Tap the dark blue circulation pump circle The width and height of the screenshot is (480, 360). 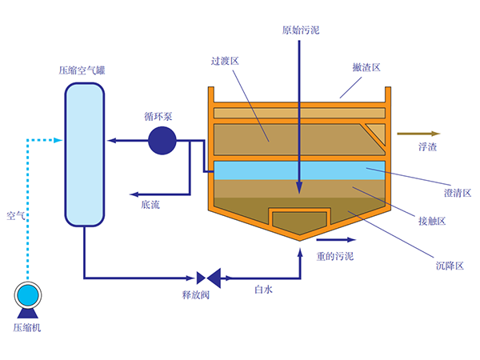(162, 142)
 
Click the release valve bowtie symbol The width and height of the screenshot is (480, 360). (210, 278)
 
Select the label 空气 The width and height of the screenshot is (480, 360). (16, 215)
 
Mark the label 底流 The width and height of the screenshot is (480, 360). (150, 205)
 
